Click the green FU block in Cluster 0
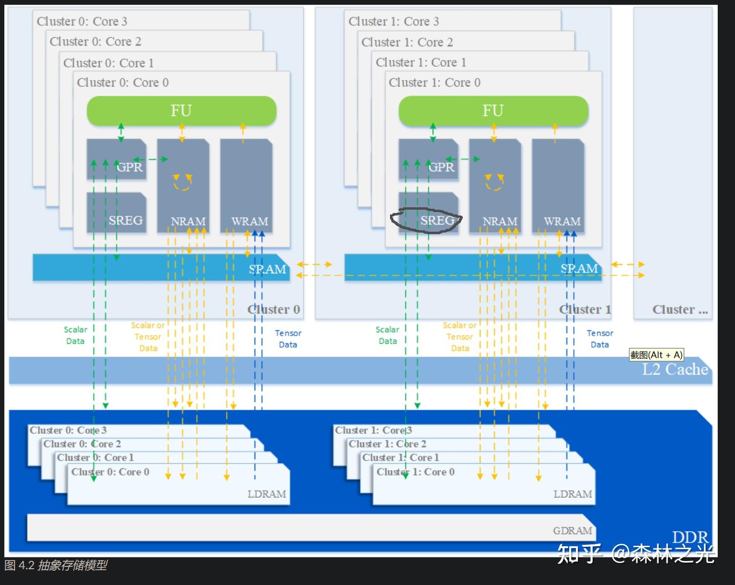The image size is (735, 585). tap(181, 111)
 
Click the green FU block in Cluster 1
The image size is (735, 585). tap(493, 111)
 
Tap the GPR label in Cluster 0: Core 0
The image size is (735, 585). tap(130, 167)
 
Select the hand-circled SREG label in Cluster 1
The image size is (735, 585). tap(437, 220)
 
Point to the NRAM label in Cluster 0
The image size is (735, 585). tap(188, 221)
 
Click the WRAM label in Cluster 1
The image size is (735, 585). tap(562, 221)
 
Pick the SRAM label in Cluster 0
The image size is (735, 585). tap(267, 269)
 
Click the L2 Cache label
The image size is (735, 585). tap(675, 369)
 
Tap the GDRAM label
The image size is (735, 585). tap(572, 531)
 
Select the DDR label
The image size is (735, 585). tap(690, 537)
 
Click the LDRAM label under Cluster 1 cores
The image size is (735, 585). tap(573, 494)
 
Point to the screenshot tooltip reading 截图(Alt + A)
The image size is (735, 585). tap(656, 355)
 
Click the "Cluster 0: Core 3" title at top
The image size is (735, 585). tap(82, 21)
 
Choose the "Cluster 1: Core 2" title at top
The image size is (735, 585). tap(407, 42)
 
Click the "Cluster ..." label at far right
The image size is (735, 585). tap(680, 310)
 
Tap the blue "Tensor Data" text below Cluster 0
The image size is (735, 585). tap(288, 339)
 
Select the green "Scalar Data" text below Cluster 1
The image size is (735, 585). tap(387, 335)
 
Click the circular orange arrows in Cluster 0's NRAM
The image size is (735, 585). tap(182, 182)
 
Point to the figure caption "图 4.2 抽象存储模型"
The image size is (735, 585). tap(56, 566)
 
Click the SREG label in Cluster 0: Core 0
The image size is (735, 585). tap(126, 220)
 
